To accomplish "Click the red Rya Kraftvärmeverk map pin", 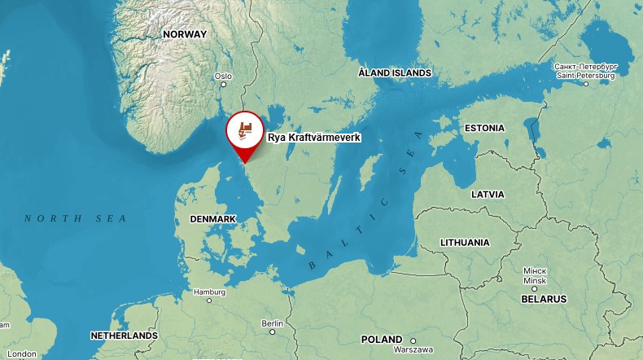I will (x=244, y=130).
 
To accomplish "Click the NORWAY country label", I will (x=185, y=34).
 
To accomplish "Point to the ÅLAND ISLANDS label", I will (x=395, y=73).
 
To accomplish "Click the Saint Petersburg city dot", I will (x=585, y=84).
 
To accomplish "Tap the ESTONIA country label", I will (x=484, y=128).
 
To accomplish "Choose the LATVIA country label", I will (x=488, y=195).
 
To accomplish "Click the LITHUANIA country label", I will (x=465, y=242).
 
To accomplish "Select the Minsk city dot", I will (x=535, y=289).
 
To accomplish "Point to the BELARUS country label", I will (x=544, y=299).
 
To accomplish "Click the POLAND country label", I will (x=382, y=339).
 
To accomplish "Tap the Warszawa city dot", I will (x=413, y=340).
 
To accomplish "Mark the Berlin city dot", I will (x=272, y=331).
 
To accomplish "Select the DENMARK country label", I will (x=212, y=219).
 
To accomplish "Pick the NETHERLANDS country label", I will (x=124, y=336).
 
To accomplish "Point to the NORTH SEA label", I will (x=76, y=218).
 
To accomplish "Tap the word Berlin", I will (x=272, y=323).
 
